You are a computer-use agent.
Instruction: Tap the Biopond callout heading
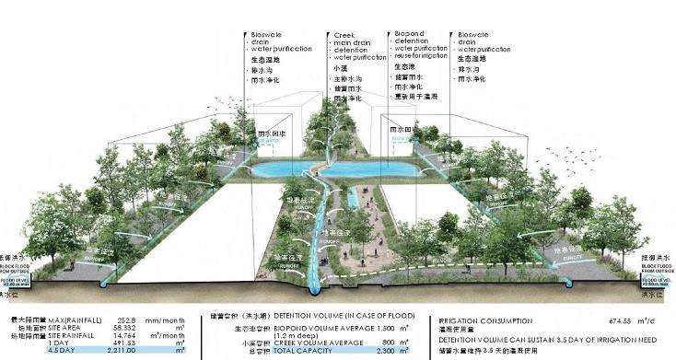410,33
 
